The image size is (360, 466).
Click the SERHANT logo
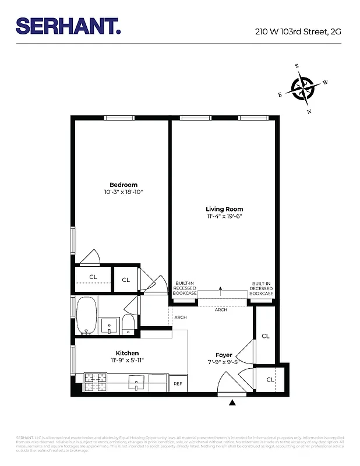pos(68,26)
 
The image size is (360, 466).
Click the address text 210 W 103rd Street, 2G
pos(298,33)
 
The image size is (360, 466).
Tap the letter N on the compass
pos(309,111)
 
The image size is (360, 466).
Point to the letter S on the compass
pos(297,66)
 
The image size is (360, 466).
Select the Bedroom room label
pos(123,185)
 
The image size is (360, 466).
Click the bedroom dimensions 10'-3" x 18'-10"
pos(123,192)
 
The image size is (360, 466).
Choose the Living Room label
pos(224,209)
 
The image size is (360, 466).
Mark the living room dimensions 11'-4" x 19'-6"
pos(224,216)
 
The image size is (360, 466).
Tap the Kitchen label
pos(127,353)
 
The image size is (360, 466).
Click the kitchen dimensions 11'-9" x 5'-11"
pos(127,360)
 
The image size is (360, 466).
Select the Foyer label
pos(224,355)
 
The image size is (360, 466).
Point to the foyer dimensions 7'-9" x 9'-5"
pos(224,362)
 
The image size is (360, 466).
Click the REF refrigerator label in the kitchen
pos(178,384)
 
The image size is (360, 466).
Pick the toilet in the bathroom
pos(128,324)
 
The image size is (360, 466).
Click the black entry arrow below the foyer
pos(233,402)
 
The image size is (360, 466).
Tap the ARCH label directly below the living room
pos(221,310)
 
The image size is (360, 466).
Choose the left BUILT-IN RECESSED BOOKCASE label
pos(184,288)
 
